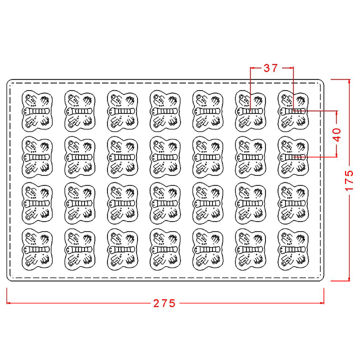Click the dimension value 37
[x=270, y=68]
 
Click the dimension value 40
[x=337, y=135]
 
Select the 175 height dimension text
[x=349, y=180]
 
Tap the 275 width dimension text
[x=164, y=303]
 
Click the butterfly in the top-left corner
[x=37, y=111]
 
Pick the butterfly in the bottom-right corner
[x=293, y=249]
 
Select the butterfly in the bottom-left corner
[x=37, y=249]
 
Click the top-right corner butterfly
[x=293, y=111]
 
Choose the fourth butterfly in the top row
[x=165, y=111]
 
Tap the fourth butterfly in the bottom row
[x=165, y=249]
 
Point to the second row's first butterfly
[x=37, y=157]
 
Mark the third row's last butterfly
[x=293, y=203]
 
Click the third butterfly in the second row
[x=122, y=157]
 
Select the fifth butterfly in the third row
[x=208, y=203]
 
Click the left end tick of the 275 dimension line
[x=7, y=303]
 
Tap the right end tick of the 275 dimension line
[x=323, y=303]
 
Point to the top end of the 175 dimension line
[x=349, y=79]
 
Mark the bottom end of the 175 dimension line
[x=349, y=280]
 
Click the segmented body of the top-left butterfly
[x=36, y=111]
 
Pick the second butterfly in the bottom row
[x=79, y=249]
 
